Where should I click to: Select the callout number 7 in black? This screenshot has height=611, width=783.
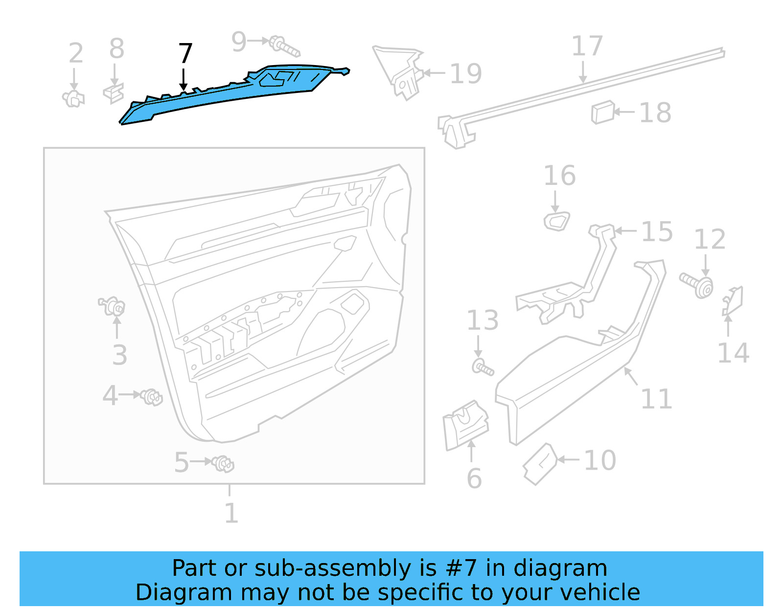pyautogui.click(x=185, y=54)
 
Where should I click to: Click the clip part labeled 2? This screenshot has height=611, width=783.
pyautogui.click(x=73, y=99)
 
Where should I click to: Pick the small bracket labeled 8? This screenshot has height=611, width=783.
pyautogui.click(x=114, y=93)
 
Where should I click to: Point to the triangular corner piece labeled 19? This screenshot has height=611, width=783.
pyautogui.click(x=399, y=71)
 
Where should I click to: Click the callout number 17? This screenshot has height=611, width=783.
pyautogui.click(x=587, y=46)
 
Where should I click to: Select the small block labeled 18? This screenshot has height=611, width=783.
pyautogui.click(x=602, y=113)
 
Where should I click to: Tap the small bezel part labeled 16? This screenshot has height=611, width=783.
pyautogui.click(x=557, y=222)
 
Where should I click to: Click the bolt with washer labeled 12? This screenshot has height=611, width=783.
pyautogui.click(x=697, y=285)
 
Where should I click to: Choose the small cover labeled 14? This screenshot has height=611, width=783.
pyautogui.click(x=733, y=301)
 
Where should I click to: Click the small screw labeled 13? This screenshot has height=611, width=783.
pyautogui.click(x=483, y=367)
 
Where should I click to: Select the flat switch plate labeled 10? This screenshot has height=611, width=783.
pyautogui.click(x=540, y=464)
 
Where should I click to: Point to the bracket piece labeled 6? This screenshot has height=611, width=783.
pyautogui.click(x=465, y=424)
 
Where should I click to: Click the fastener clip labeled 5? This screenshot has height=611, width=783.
pyautogui.click(x=224, y=463)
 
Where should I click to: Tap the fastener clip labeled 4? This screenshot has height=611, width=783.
pyautogui.click(x=151, y=396)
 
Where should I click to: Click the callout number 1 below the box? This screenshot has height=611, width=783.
pyautogui.click(x=231, y=513)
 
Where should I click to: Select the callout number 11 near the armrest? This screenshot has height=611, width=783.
pyautogui.click(x=656, y=399)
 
